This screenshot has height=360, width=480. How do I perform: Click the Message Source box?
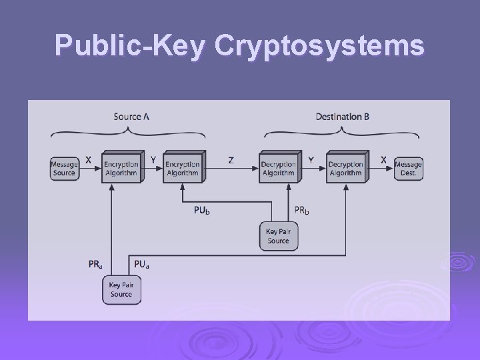coord(64,169)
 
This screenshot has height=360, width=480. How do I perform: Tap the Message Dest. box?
coord(408,169)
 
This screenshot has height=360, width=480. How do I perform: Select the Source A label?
coord(131,117)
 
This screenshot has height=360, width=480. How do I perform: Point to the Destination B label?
coord(343,117)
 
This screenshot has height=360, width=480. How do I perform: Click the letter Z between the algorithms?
coord(231,161)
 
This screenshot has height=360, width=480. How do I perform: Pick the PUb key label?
coord(202,211)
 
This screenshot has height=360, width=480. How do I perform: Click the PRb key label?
coord(302,211)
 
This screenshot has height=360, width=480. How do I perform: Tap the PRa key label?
coord(95,264)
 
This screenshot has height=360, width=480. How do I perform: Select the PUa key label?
coord(141,264)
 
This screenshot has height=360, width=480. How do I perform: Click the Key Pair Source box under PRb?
coord(278,236)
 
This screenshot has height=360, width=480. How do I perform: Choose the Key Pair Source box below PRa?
coord(121,290)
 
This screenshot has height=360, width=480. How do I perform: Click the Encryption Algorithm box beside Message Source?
coord(121,168)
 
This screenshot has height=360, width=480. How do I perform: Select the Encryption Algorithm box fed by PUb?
coord(182,168)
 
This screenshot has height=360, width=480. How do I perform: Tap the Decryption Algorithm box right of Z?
coord(278,168)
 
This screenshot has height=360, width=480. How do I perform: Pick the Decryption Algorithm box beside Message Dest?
coord(345,168)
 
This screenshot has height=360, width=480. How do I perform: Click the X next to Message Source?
coord(89,160)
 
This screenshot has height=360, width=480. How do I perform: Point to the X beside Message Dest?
coord(383,160)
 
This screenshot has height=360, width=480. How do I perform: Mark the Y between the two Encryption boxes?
coord(153,160)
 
